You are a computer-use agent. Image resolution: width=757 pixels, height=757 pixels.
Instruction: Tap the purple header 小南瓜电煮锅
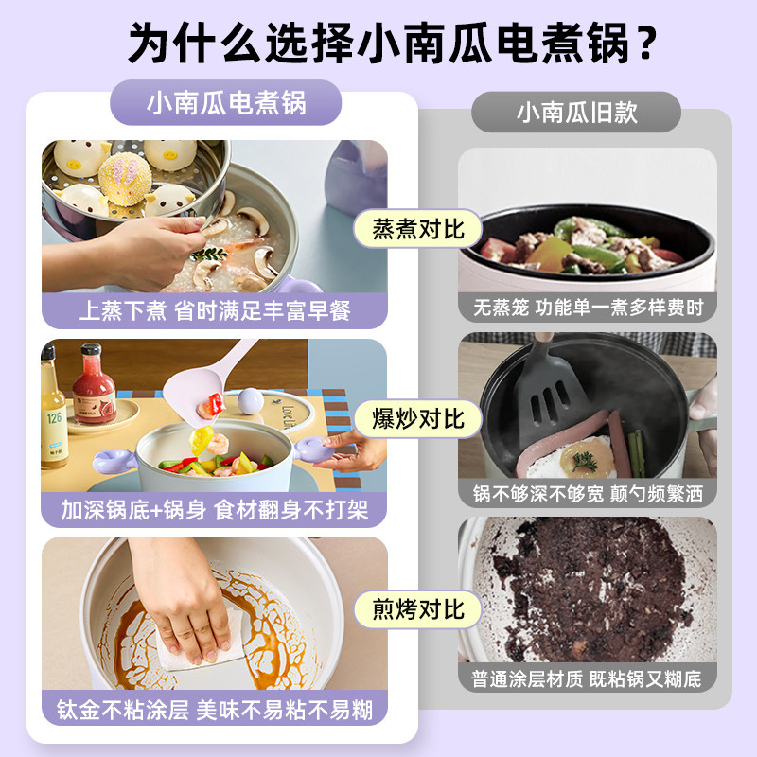tap(226, 102)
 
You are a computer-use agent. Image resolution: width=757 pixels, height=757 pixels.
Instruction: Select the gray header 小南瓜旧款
tap(576, 113)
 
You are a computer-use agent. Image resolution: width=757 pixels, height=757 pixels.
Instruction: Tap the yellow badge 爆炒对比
tap(417, 417)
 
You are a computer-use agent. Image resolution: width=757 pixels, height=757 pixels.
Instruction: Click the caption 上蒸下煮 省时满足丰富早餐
tap(215, 310)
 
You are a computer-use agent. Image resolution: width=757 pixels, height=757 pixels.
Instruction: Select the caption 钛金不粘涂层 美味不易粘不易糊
tap(215, 709)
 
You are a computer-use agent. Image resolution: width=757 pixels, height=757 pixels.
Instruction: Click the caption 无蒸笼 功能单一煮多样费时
tap(588, 308)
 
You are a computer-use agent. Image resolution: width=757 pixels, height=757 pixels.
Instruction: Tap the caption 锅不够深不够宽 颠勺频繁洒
tap(588, 493)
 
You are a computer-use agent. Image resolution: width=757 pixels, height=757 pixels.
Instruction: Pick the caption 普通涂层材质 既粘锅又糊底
tap(588, 678)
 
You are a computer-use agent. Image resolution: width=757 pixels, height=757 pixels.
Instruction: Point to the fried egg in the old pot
tap(579, 458)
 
